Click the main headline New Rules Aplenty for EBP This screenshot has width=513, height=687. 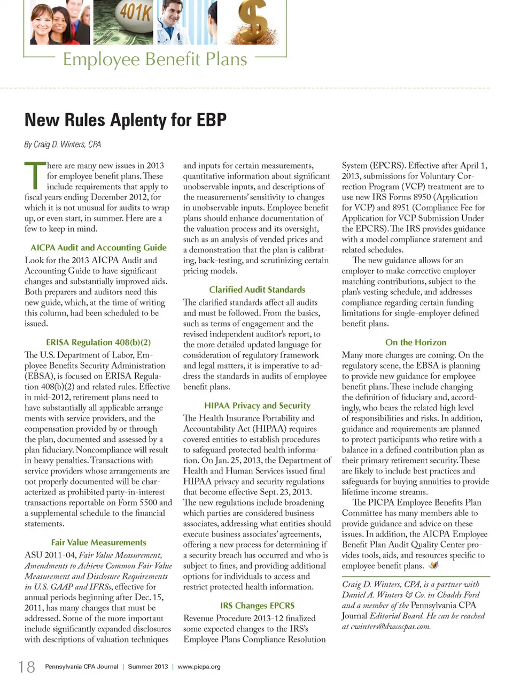[126, 120]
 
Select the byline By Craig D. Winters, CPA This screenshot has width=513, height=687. [63, 144]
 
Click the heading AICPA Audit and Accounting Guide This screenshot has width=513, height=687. [98, 248]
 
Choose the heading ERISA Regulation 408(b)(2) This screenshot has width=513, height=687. [98, 342]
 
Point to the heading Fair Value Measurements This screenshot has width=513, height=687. [98, 543]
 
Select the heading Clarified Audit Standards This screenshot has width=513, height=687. [257, 289]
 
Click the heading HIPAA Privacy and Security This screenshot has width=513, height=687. [257, 406]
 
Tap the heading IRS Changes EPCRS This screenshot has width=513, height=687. [257, 606]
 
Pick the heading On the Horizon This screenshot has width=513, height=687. [416, 342]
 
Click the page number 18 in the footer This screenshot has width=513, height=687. [27, 667]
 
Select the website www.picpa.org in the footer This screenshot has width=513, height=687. [199, 667]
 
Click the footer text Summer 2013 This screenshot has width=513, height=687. [148, 667]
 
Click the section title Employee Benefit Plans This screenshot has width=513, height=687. [155, 59]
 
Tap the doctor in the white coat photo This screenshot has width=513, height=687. [179, 21]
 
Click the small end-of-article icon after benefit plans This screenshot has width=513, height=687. [433, 565]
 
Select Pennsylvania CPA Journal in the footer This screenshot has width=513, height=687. [81, 667]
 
